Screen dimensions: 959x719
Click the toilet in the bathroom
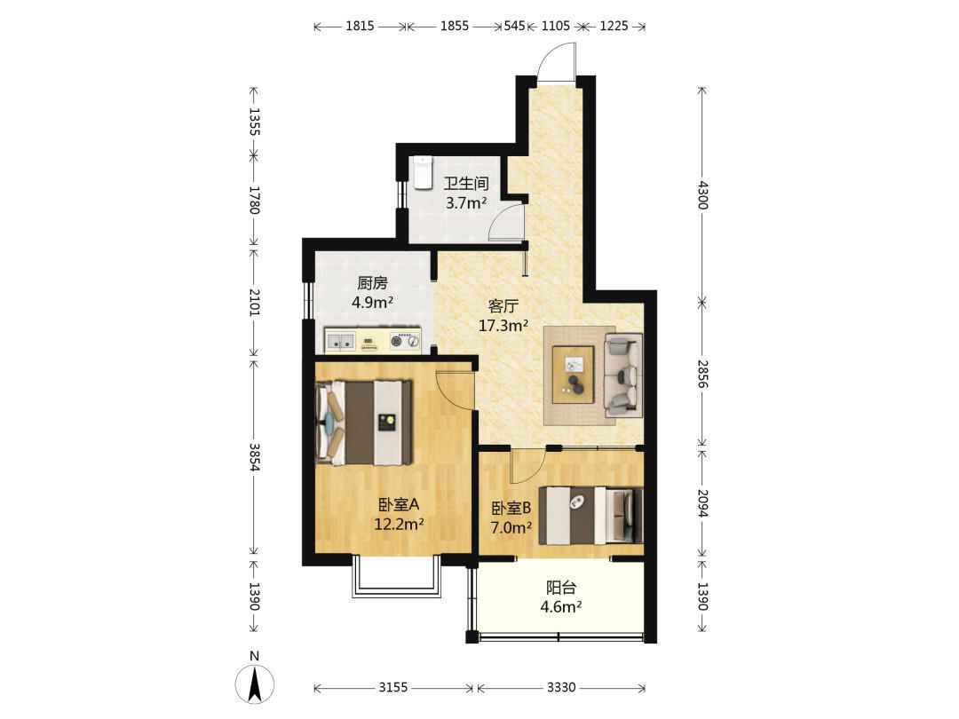tap(422, 172)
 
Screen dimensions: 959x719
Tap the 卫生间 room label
tap(466, 184)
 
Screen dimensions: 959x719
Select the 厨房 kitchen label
tap(372, 283)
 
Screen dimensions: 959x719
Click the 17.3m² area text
tap(503, 325)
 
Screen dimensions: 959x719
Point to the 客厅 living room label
tap(503, 305)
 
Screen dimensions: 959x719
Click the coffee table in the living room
tap(573, 375)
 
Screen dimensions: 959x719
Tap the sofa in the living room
tap(623, 375)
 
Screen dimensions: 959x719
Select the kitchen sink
tap(340, 341)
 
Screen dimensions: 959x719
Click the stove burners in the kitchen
tap(405, 341)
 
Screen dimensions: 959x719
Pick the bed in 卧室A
tap(363, 423)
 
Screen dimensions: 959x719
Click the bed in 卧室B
tap(590, 516)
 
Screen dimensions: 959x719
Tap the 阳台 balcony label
tap(561, 588)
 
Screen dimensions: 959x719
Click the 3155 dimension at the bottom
tap(392, 687)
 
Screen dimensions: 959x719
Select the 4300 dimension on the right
tap(702, 194)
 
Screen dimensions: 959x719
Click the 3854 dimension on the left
tap(255, 457)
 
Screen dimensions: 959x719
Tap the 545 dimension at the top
tap(514, 26)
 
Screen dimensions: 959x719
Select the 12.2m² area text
tap(399, 524)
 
